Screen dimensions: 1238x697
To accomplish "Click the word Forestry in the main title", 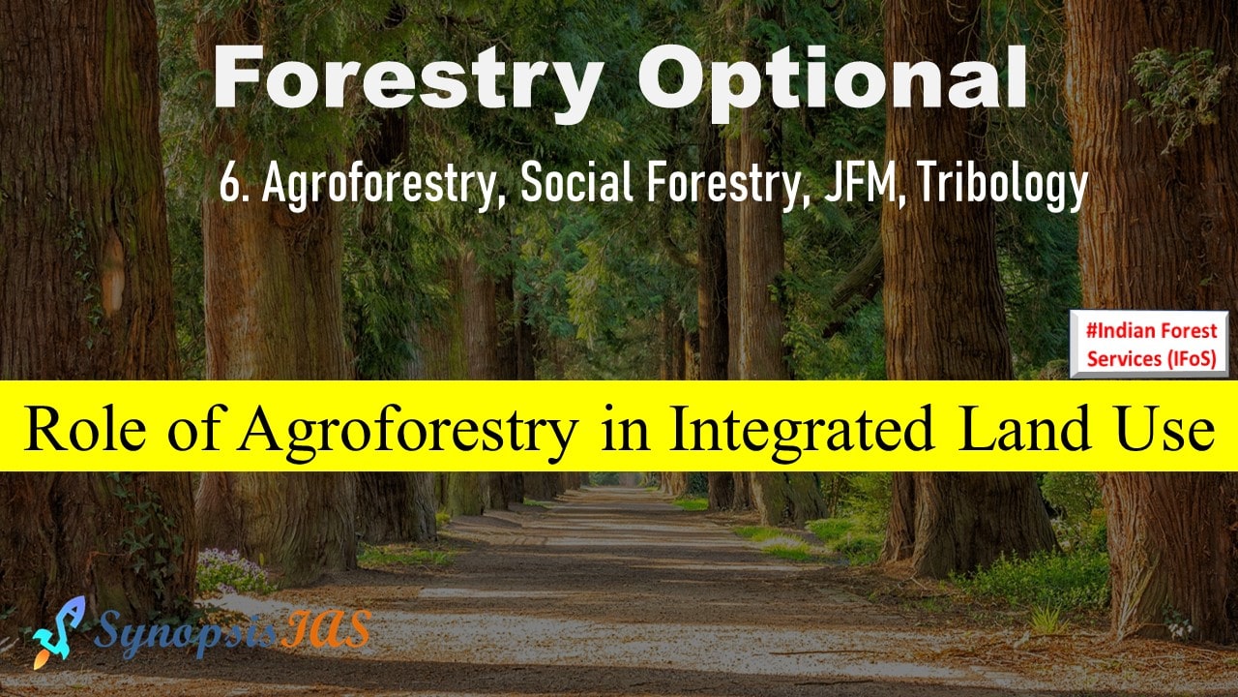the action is tap(408, 80).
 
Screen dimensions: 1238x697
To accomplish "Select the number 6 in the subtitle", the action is tap(227, 183).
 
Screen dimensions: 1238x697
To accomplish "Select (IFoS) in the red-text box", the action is tap(1193, 359).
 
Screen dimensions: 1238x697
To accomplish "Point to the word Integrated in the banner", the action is tap(802, 428).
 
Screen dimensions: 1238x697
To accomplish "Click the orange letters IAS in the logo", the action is tap(325, 628).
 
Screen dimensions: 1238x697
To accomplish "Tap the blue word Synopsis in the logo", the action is tap(185, 633).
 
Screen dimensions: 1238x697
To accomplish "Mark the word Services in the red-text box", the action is tap(1125, 359).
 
